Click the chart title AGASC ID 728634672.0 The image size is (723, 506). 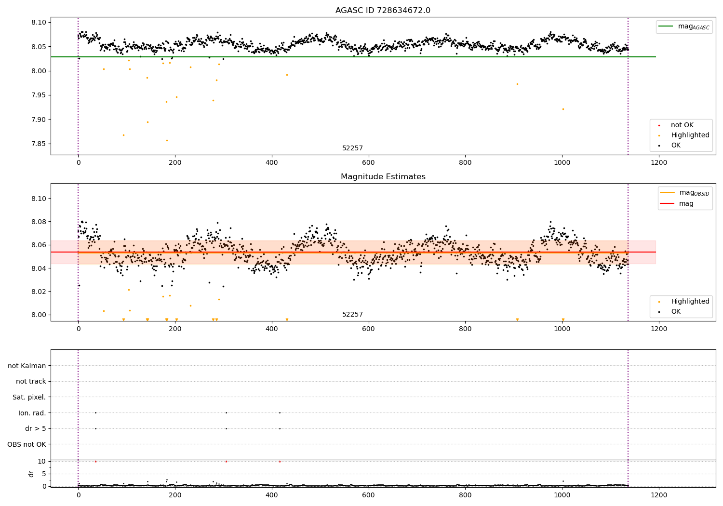pos(383,11)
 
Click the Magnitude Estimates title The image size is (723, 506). pos(383,177)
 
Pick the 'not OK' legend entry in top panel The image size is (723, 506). pos(682,125)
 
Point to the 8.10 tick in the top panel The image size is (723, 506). pos(39,23)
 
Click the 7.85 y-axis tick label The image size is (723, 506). pos(39,144)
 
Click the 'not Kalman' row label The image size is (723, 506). pos(27,366)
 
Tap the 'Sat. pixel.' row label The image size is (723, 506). pos(29,397)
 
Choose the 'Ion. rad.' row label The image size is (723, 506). pos(32,413)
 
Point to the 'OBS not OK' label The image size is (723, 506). pos(27,444)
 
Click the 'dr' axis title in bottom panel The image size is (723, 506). pos(31,474)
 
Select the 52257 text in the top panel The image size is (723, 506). pos(352,148)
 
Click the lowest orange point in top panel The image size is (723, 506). pos(167,141)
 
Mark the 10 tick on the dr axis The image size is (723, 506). pos(42,461)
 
